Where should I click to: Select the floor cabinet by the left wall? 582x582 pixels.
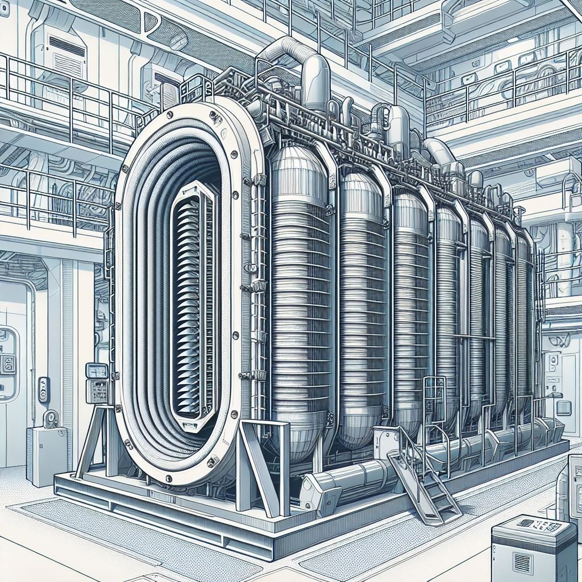[46, 455]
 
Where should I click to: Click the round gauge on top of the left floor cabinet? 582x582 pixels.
[51, 419]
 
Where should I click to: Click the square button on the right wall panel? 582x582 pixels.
[563, 408]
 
